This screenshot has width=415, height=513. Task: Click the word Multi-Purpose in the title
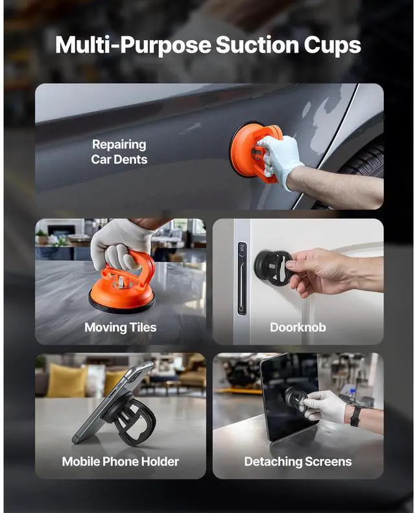pos(133,45)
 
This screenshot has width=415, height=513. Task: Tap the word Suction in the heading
pos(257,45)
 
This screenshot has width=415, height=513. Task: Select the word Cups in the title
pos(333,46)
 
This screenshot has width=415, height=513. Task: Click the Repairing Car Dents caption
pos(119,152)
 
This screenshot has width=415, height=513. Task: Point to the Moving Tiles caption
pos(120,327)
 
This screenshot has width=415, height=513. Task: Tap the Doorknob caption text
pos(298,327)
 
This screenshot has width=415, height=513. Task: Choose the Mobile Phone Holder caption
pos(120,462)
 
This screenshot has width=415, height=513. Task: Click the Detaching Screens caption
pos(298,462)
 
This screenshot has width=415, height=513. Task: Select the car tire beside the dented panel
pos(362,164)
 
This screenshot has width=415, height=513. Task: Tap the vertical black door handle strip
pos(242,279)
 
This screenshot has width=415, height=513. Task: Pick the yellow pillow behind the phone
pos(66,381)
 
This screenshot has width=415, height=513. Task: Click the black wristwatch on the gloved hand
pos(355,416)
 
